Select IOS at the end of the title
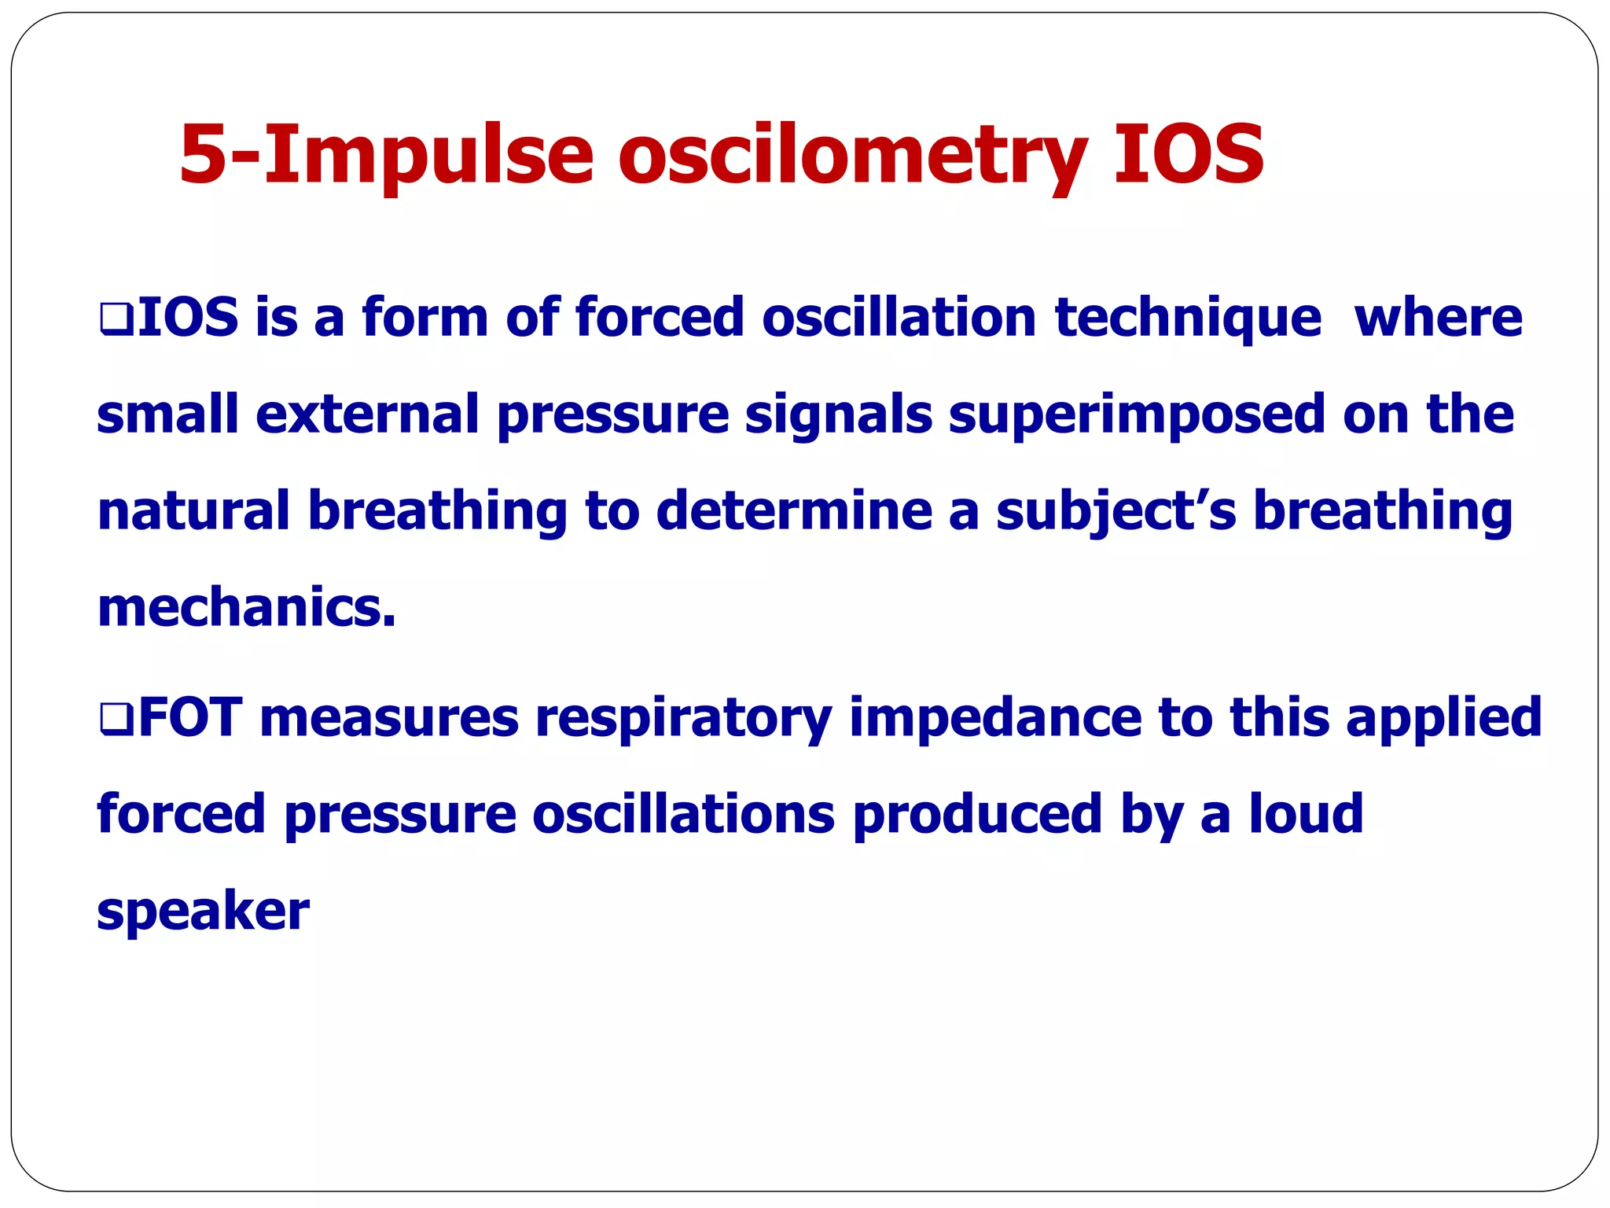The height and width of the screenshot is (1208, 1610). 1187,154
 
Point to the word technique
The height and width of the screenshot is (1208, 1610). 1187,319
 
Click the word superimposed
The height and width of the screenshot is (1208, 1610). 1137,415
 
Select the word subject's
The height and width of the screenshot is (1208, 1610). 1116,511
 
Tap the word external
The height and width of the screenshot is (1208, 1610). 367,415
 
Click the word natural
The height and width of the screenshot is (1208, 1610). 193,511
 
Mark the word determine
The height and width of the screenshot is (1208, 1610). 793,511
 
